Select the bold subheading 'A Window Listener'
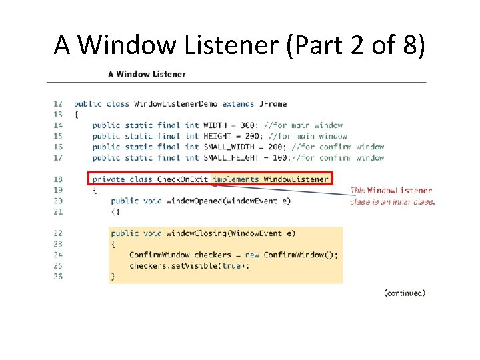tap(147, 74)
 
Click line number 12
tap(58, 103)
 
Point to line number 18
tap(58, 179)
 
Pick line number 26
tap(58, 276)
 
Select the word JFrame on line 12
tap(273, 103)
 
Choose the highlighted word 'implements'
tap(236, 179)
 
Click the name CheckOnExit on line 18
tap(183, 179)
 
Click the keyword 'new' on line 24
tap(252, 255)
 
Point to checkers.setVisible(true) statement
tap(189, 265)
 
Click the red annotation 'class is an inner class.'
tap(393, 201)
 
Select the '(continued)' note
tap(405, 293)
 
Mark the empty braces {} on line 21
tap(115, 211)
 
